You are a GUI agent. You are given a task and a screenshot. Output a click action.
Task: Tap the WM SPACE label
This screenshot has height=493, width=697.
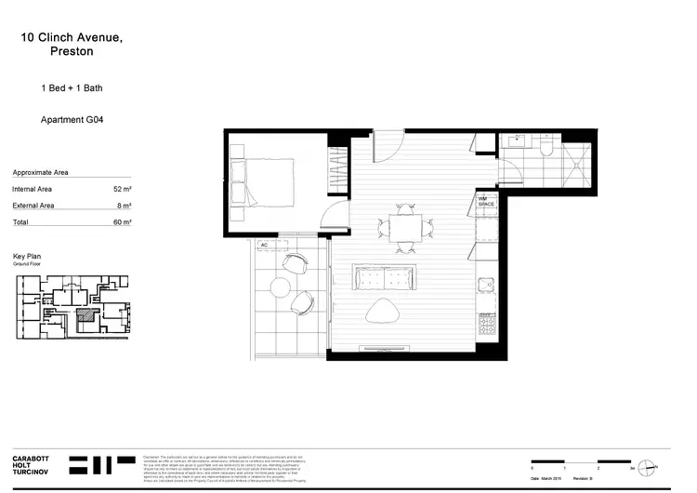point(485,201)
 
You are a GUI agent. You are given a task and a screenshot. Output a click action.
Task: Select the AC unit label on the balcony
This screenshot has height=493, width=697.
point(264,246)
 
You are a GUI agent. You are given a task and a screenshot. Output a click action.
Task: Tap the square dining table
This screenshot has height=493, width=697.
point(404,228)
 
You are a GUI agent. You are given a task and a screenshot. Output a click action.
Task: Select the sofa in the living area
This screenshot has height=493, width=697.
point(384,277)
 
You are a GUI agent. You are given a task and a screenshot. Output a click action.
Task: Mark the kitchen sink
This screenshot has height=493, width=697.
point(484,286)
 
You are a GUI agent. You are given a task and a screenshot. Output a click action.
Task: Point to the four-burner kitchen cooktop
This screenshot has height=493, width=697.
point(486,326)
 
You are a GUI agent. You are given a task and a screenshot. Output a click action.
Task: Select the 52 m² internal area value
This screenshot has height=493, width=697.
point(119,188)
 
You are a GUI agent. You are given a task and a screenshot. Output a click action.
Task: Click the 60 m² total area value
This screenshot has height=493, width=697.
point(119,222)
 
